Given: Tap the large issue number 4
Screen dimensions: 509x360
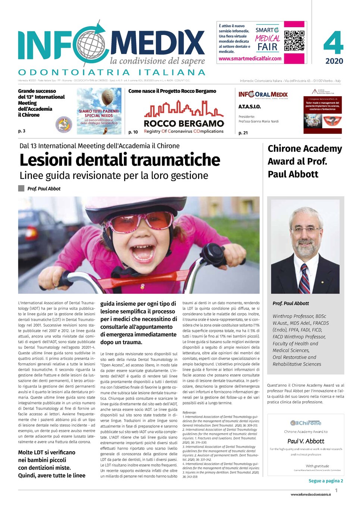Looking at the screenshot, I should click(x=333, y=43).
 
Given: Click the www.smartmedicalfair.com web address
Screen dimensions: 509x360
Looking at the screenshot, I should click(x=250, y=59).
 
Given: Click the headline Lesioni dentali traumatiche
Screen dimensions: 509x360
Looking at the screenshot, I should click(x=120, y=160).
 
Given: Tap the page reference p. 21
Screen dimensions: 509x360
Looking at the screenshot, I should click(x=243, y=133).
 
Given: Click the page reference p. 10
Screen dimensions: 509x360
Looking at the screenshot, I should click(x=133, y=132).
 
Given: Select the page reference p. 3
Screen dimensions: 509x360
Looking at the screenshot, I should click(x=22, y=131).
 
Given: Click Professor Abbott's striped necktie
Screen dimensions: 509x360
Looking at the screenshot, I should click(x=304, y=278).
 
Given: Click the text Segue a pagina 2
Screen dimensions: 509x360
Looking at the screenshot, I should click(x=326, y=481).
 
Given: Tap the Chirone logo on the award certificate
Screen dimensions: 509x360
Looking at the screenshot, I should click(x=306, y=423).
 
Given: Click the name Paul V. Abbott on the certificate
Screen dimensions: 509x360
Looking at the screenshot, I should click(x=306, y=441).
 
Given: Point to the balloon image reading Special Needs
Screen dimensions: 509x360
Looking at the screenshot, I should click(x=99, y=111).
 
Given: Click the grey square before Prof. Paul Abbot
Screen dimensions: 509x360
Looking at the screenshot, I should click(x=21, y=189).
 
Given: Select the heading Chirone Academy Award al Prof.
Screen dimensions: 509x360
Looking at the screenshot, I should click(x=304, y=155).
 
